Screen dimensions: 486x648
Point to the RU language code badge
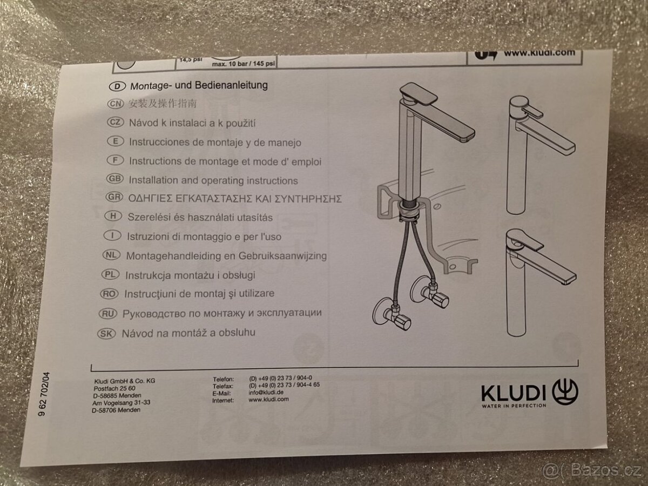click(110, 313)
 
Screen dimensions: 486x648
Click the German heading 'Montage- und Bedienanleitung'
click(198, 85)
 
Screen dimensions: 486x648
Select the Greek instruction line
click(235, 199)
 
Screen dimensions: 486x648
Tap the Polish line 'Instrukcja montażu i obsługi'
click(190, 275)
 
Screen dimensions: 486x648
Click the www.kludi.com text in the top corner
click(539, 53)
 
